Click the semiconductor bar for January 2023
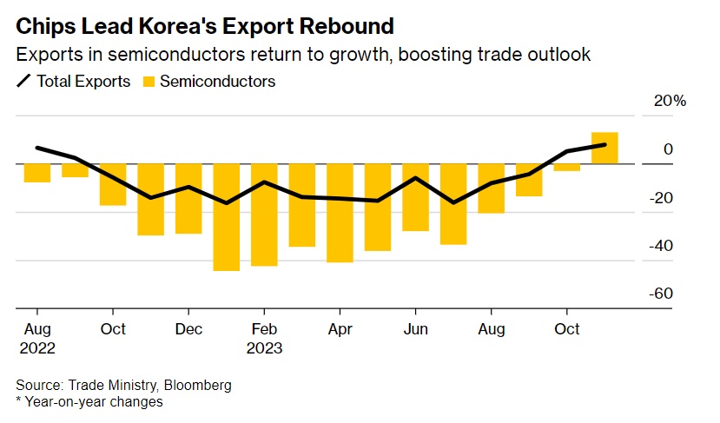[226, 217]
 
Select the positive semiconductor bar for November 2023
[604, 148]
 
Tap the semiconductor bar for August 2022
[36, 173]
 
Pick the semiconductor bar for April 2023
[340, 213]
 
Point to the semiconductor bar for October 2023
[567, 167]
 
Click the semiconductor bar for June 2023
[415, 197]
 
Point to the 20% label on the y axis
[669, 102]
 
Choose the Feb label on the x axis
[264, 329]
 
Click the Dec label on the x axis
[188, 329]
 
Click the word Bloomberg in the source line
[199, 385]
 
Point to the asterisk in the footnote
[18, 400]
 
